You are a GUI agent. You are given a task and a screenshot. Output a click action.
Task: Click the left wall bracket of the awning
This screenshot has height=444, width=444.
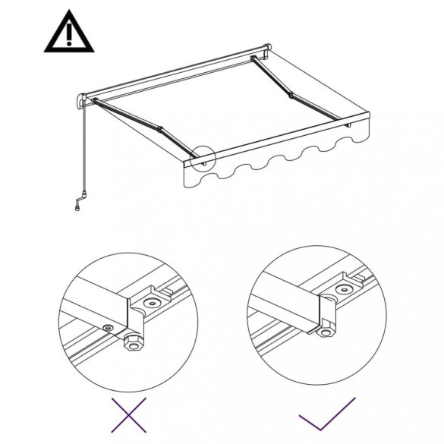tap(80, 101)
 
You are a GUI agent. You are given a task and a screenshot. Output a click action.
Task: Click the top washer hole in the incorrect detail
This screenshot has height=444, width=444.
tap(153, 302)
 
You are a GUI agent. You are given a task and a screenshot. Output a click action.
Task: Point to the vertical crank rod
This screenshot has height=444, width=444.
tap(83, 152)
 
